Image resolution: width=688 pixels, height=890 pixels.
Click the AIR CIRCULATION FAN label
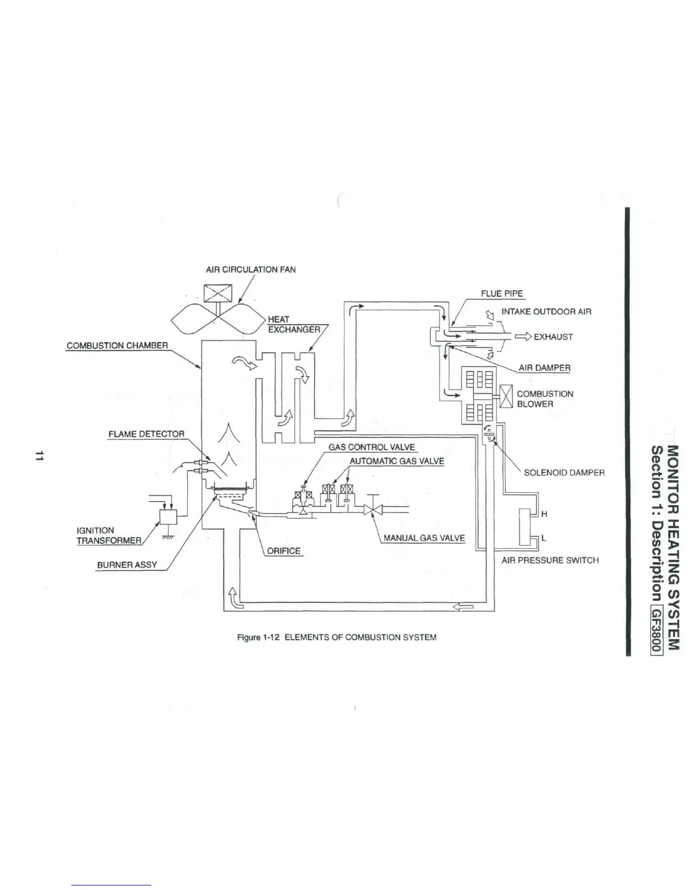tap(251, 269)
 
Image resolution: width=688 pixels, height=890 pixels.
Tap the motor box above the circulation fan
tap(215, 294)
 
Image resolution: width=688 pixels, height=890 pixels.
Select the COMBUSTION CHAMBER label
tap(117, 346)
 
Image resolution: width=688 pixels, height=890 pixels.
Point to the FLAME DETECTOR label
tap(146, 434)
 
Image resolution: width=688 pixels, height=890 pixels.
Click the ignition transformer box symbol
tap(168, 517)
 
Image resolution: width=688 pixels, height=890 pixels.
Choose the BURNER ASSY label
tap(126, 565)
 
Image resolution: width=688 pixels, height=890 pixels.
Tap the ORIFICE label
tap(283, 551)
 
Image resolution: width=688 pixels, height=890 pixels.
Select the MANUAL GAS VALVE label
tap(424, 538)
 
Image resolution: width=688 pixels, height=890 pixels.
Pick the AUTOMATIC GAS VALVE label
tap(397, 461)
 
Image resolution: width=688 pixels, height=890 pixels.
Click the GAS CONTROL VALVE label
tap(372, 447)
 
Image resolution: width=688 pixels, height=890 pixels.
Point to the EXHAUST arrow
tap(522, 337)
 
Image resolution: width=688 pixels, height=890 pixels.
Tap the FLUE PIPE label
tap(501, 293)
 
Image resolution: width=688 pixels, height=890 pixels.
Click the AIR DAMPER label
tap(544, 367)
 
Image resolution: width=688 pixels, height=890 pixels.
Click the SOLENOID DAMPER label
tap(564, 473)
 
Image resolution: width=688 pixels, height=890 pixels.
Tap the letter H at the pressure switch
tap(544, 514)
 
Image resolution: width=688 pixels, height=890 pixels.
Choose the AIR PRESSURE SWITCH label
tap(550, 560)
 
